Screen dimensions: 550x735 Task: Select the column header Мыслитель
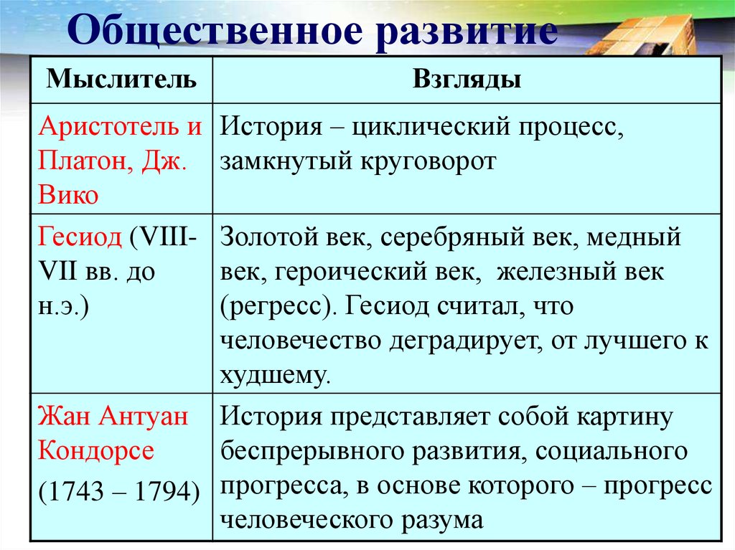(121, 79)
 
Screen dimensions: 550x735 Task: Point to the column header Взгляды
(467, 79)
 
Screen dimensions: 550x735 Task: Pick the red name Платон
(82, 161)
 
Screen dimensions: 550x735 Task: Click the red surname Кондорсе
(95, 450)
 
